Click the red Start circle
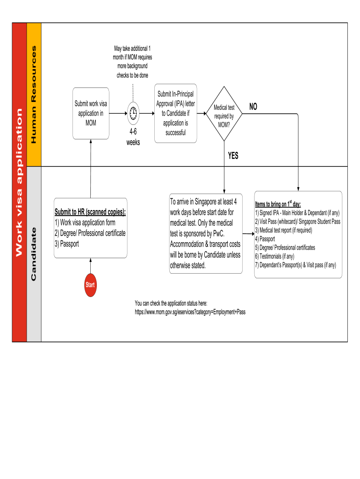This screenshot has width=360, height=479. [x=90, y=284]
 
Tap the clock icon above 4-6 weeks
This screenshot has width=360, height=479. [x=133, y=113]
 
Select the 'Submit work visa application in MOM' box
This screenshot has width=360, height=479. [x=91, y=113]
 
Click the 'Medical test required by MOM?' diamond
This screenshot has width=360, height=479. [x=224, y=114]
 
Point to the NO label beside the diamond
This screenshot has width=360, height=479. [x=253, y=107]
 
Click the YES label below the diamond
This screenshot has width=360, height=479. [x=233, y=156]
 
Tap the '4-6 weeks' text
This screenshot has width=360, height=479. [x=133, y=138]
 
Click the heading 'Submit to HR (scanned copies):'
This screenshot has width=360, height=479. [x=90, y=212]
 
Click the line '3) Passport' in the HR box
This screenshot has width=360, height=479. [x=67, y=244]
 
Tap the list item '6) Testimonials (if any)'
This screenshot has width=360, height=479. [x=275, y=256]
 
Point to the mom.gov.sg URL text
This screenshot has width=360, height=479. [x=190, y=312]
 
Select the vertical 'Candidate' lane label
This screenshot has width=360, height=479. [x=34, y=254]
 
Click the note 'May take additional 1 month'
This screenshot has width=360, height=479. [x=133, y=61]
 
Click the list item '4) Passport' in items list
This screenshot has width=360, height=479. [x=265, y=239]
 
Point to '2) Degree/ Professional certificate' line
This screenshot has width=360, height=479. [x=90, y=233]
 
